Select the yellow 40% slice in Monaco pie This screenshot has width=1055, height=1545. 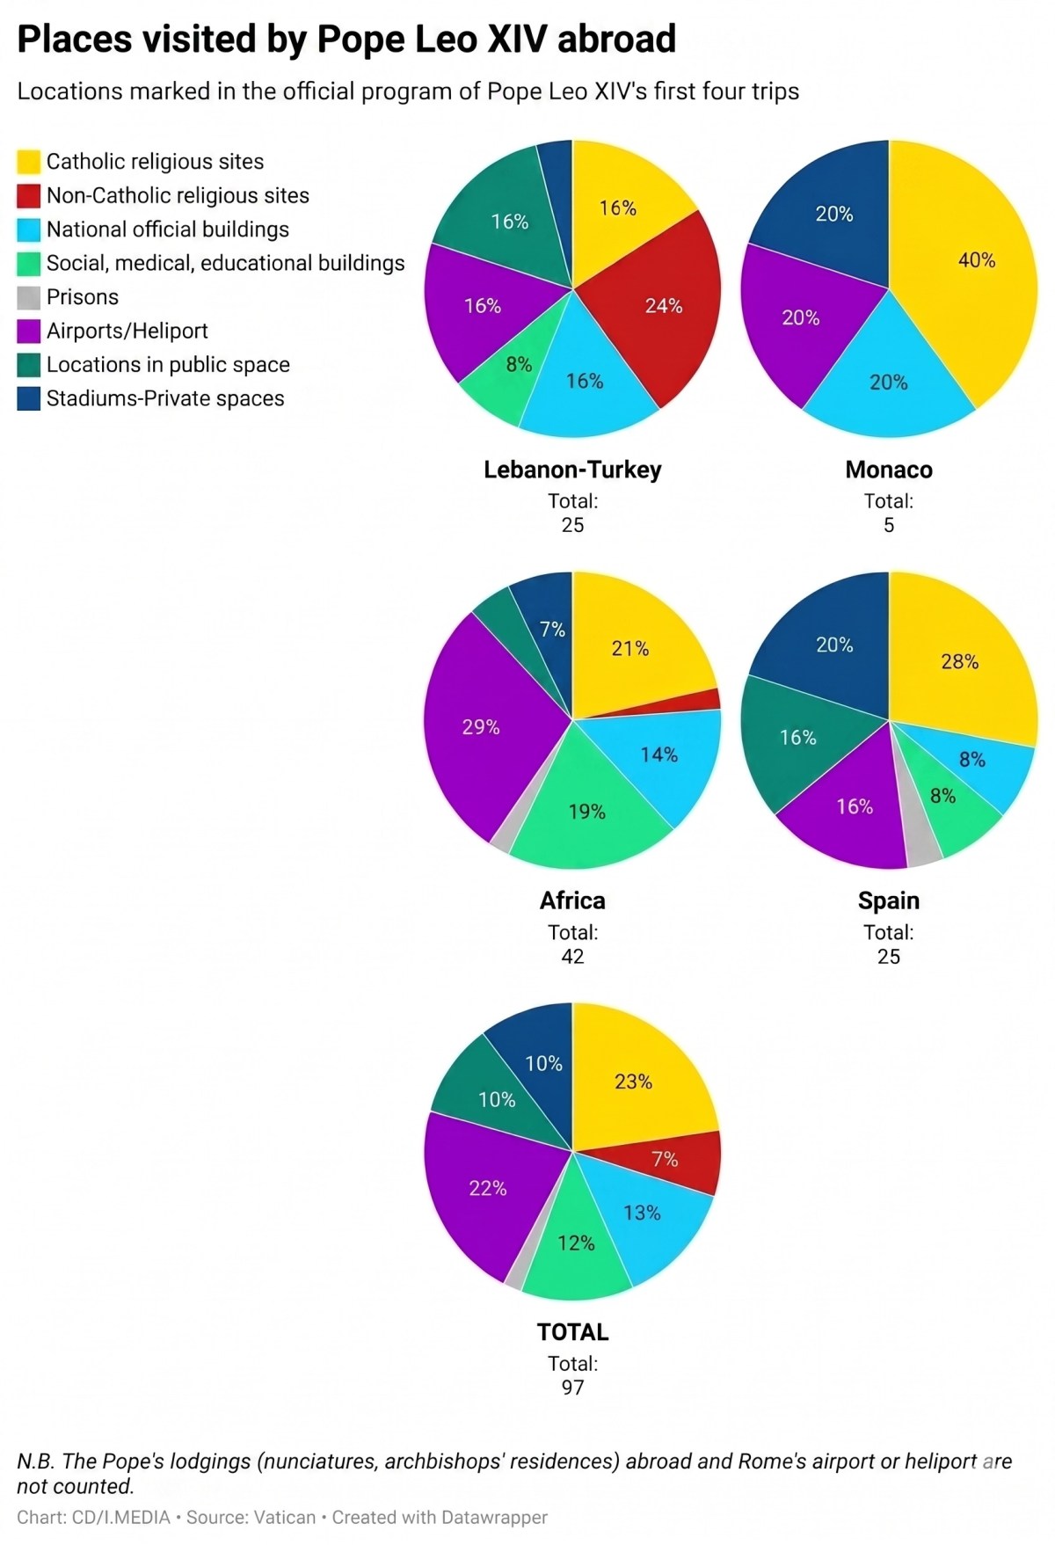tap(971, 264)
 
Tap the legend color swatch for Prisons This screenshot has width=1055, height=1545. tap(29, 297)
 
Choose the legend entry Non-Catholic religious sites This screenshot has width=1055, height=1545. tap(178, 195)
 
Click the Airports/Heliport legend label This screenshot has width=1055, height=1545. tap(127, 331)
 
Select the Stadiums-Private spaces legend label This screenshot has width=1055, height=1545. tap(165, 398)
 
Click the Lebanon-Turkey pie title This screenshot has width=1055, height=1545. tap(572, 470)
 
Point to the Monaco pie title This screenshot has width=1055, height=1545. tap(889, 470)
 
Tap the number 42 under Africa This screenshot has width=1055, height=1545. tap(572, 956)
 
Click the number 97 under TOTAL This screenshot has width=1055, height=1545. tap(572, 1387)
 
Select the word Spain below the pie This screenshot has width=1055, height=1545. tap(889, 901)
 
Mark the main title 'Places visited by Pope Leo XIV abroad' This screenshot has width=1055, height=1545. tap(346, 40)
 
